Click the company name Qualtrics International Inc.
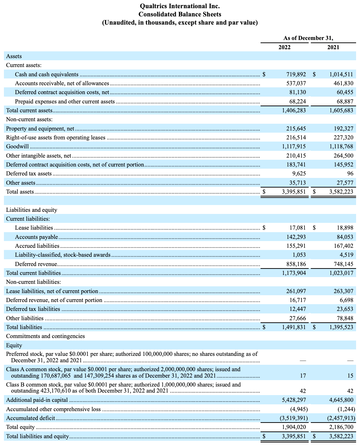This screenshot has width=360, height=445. tap(180, 6)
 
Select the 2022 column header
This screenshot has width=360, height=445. tap(284, 47)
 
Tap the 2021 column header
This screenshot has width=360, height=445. tap(333, 47)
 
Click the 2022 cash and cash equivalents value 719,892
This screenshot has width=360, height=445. tap(296, 75)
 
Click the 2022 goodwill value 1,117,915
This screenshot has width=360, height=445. tap(294, 147)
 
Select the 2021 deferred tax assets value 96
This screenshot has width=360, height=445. tap(350, 174)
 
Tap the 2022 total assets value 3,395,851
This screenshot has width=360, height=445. tap(294, 192)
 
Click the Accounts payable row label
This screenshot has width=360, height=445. tap(36, 237)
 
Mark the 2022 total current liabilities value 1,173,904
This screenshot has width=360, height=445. tap(294, 273)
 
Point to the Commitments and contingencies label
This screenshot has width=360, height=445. tap(45, 336)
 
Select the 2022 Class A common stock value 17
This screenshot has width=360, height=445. tap(303, 376)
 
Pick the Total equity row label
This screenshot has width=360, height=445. tap(20, 427)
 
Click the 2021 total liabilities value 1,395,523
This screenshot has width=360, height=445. tap(341, 327)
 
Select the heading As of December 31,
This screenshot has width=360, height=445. tap(308, 38)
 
